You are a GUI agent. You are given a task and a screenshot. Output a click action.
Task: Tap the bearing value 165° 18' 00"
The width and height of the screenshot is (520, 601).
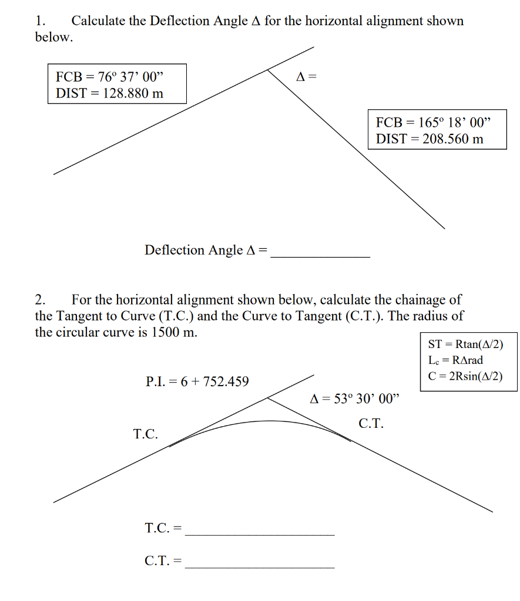point(453,123)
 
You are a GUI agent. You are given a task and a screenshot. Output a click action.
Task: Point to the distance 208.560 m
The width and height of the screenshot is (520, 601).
point(453,139)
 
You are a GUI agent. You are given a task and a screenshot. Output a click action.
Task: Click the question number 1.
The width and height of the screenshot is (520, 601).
point(39,21)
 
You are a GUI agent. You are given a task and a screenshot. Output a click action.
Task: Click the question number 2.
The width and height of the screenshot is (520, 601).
point(39,300)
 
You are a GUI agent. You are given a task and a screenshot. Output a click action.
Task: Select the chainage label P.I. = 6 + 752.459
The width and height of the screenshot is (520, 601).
point(197,381)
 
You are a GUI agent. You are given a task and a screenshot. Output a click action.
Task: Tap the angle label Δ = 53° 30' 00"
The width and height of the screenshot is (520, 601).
point(354,400)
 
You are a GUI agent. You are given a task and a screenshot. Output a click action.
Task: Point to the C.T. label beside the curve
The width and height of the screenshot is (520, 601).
point(371,424)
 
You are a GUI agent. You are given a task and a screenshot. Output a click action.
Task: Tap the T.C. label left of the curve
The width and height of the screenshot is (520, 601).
point(146,434)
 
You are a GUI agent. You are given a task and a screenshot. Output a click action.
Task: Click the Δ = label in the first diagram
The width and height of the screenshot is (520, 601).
point(306,76)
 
